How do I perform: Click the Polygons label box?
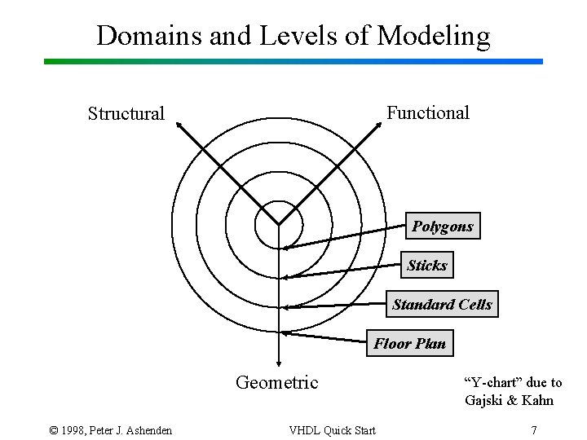coord(443,227)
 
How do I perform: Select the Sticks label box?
coord(427,266)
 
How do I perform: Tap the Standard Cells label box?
coord(442,305)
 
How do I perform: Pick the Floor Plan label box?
coord(410,344)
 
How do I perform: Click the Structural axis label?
coord(126,113)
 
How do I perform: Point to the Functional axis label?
coord(428,112)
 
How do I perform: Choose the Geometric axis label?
coord(277,382)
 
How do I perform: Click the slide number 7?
coord(533,430)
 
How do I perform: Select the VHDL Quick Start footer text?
coord(333,430)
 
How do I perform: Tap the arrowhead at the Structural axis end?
coord(179,125)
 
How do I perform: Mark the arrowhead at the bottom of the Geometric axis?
coord(279,365)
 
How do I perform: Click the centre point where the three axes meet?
coord(279,224)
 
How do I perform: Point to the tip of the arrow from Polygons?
coord(285,247)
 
